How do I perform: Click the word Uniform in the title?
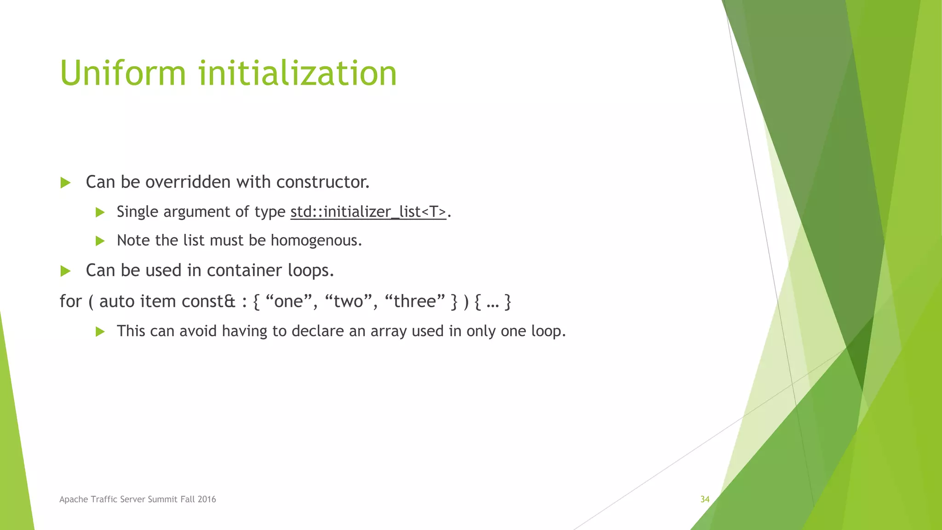pyautogui.click(x=123, y=74)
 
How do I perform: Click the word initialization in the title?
pyautogui.click(x=298, y=74)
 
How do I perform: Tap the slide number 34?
pyautogui.click(x=705, y=499)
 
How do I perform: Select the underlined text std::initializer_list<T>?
pyautogui.click(x=368, y=212)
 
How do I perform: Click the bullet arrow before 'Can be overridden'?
pyautogui.click(x=65, y=183)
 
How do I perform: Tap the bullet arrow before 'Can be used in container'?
pyautogui.click(x=65, y=271)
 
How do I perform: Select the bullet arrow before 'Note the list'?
pyautogui.click(x=100, y=241)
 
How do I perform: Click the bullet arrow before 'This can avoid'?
pyautogui.click(x=100, y=332)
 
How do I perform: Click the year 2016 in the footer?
pyautogui.click(x=207, y=499)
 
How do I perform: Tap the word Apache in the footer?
pyautogui.click(x=74, y=499)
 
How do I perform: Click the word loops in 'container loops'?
pyautogui.click(x=310, y=271)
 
